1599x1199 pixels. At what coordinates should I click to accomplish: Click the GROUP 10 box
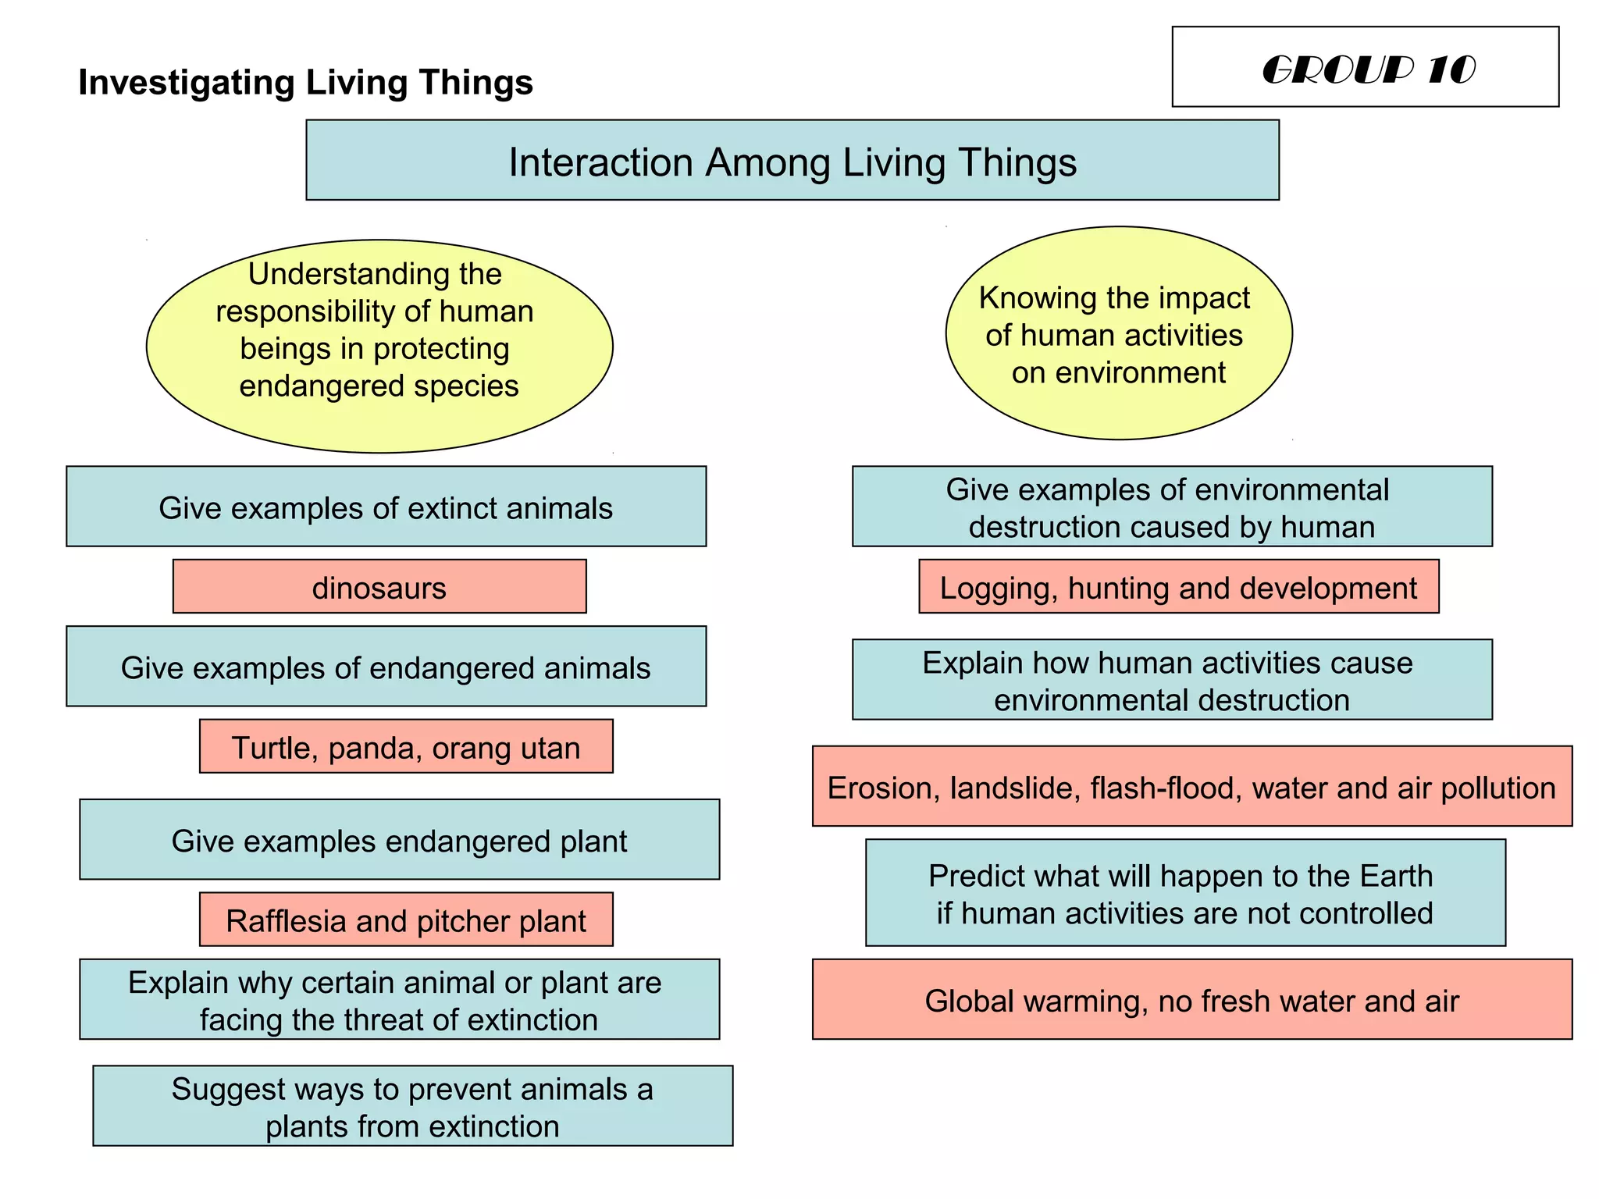coord(1365,67)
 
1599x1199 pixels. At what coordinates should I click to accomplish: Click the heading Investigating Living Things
coord(305,83)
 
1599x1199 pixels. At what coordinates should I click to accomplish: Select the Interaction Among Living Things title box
coord(792,161)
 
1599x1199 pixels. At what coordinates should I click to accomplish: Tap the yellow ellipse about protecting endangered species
coord(379,346)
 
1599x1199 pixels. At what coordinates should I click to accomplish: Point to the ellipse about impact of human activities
coord(1118,333)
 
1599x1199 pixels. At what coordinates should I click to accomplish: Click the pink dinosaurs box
coord(379,587)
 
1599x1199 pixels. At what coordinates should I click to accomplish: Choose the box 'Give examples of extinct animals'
coord(386,507)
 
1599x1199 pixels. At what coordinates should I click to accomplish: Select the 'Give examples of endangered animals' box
coord(386,667)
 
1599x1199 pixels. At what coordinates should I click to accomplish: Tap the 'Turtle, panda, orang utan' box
coord(406,747)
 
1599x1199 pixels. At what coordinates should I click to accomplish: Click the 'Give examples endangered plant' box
coord(399,840)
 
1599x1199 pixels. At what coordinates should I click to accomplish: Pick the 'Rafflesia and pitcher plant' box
coord(406,920)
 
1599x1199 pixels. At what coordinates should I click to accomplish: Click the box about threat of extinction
coord(399,1000)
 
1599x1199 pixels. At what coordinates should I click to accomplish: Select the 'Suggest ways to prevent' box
coord(412,1106)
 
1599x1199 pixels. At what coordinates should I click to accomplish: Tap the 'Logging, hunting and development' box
coord(1178,587)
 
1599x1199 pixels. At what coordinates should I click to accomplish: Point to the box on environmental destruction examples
coord(1172,507)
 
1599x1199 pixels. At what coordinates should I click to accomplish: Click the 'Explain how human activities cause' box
coord(1172,680)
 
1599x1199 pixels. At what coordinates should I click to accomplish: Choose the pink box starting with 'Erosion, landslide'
coord(1191,787)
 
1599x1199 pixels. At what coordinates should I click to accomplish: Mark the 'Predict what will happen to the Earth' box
coord(1185,893)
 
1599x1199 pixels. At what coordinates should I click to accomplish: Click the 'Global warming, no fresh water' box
coord(1191,1000)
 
